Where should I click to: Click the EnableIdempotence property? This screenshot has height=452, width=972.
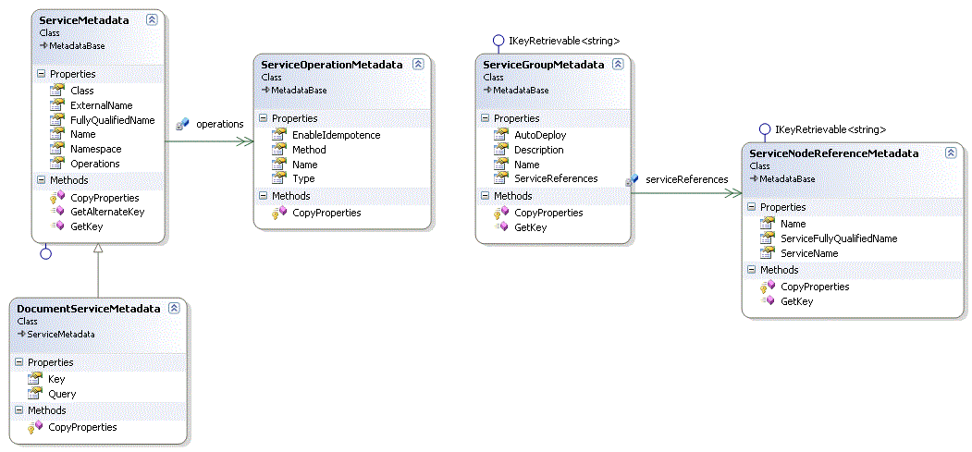click(336, 135)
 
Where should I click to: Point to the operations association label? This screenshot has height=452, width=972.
click(219, 124)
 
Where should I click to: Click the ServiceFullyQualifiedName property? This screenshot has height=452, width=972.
click(839, 238)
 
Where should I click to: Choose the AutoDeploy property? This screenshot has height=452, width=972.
click(540, 135)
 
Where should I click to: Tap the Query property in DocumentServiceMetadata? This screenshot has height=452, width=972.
click(62, 394)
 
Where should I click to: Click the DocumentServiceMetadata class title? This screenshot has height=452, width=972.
click(89, 309)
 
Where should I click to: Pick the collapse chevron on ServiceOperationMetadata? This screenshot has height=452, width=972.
click(418, 65)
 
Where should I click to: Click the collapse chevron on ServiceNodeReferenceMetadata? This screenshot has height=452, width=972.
click(950, 153)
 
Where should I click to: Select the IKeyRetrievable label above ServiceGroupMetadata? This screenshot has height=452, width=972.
click(564, 41)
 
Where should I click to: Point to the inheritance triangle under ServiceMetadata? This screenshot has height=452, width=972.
click(98, 250)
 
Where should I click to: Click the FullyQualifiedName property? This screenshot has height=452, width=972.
click(112, 120)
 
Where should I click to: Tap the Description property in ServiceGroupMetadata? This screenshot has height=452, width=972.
click(538, 150)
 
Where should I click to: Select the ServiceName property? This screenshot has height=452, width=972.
click(809, 253)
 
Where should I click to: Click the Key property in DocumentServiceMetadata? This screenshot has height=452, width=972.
click(56, 379)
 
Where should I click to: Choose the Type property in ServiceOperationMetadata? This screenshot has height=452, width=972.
click(303, 178)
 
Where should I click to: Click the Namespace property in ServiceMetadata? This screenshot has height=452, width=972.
click(95, 149)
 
